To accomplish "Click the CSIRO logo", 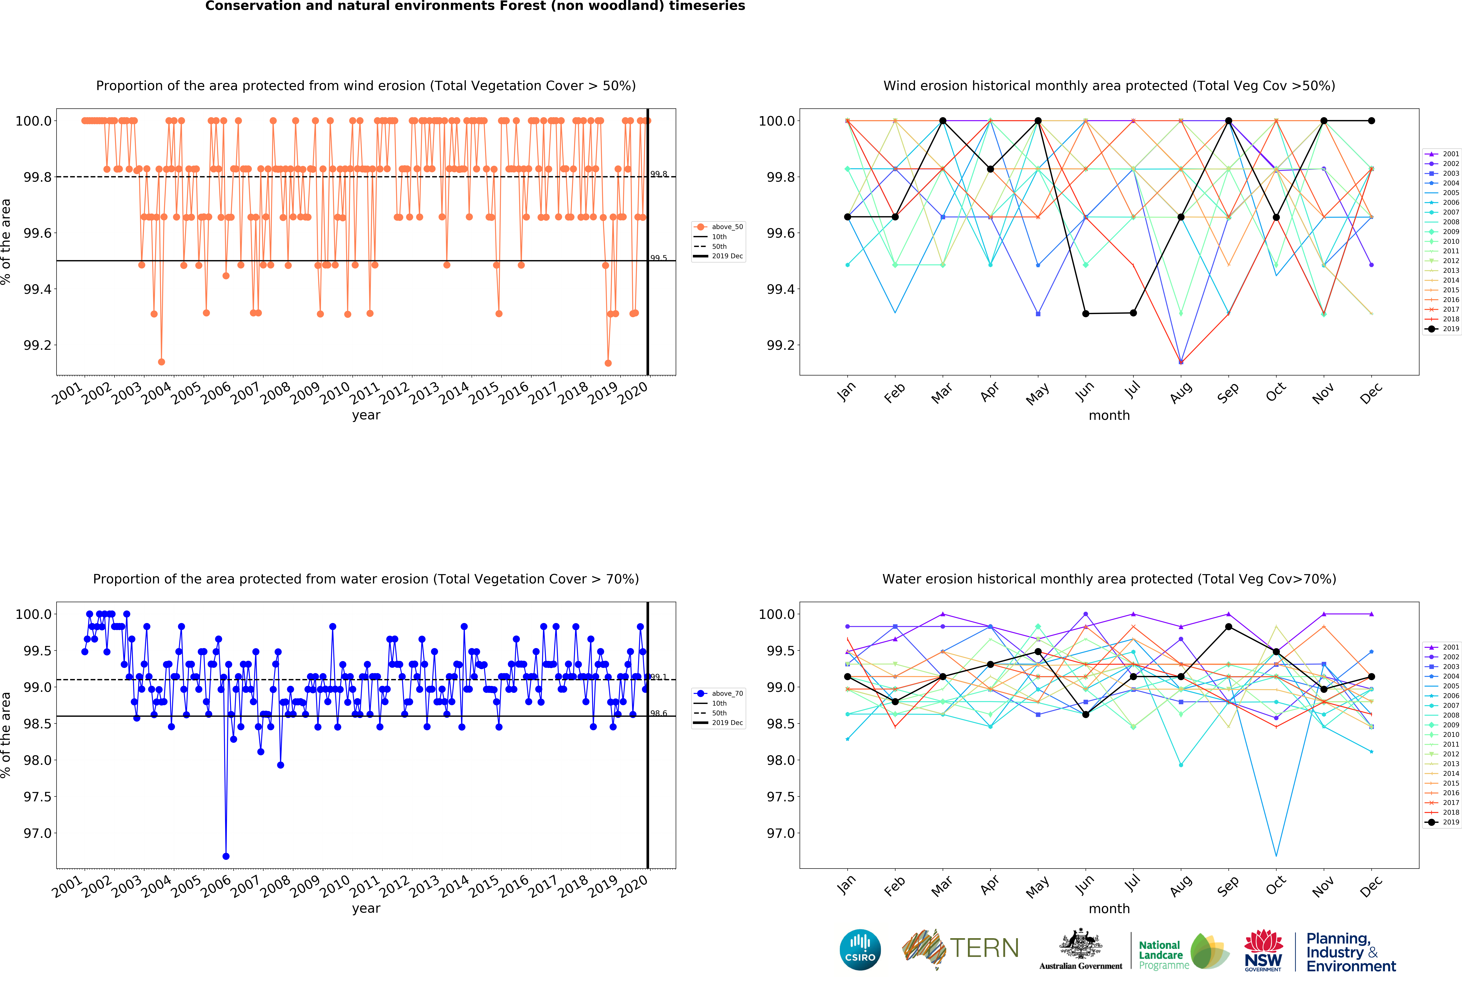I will [860, 950].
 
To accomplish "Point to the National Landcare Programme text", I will [1163, 955].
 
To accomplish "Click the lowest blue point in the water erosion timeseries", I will [226, 856].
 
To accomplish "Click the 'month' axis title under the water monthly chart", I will [1109, 909].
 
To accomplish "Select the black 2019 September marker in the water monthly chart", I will [1229, 627].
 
